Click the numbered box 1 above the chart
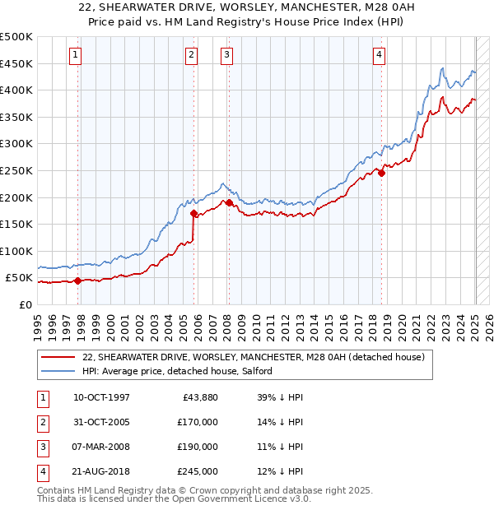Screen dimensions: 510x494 (75, 55)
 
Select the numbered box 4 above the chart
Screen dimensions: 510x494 (380, 55)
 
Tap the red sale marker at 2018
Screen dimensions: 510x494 (382, 173)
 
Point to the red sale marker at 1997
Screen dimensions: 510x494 (78, 280)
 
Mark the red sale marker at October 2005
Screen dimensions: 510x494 (194, 213)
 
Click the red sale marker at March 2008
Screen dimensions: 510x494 (229, 202)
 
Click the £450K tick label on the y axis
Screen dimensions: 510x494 (16, 63)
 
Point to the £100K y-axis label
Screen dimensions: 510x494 (16, 251)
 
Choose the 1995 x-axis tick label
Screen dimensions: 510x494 (38, 324)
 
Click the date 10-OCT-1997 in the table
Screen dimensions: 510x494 (101, 398)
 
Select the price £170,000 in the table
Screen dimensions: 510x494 (198, 422)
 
